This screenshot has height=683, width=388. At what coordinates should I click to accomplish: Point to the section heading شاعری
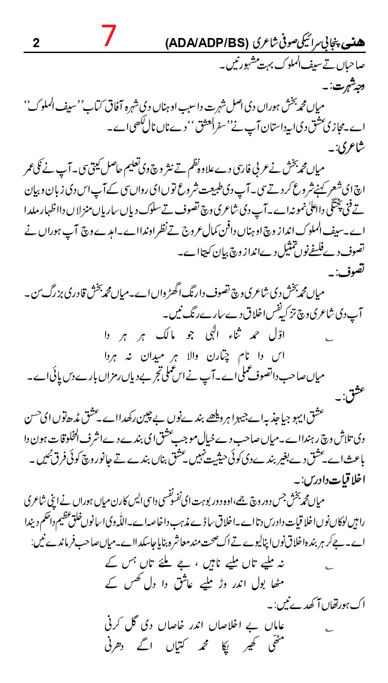349,145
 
